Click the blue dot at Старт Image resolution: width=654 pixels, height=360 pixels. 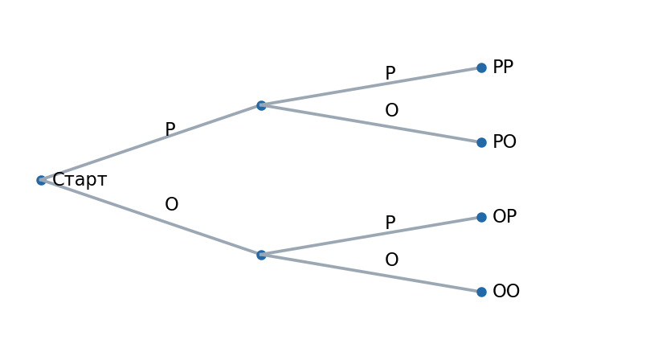(41, 180)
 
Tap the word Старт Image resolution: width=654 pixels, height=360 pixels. (80, 180)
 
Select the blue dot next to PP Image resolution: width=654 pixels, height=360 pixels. (481, 68)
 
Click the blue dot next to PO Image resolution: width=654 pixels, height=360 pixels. (481, 143)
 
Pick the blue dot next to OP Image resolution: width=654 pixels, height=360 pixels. (481, 217)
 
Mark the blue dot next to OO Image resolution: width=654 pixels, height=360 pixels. (481, 292)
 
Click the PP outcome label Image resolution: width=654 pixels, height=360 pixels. (503, 67)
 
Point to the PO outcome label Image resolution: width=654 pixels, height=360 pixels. (505, 142)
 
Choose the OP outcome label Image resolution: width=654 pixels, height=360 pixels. (505, 216)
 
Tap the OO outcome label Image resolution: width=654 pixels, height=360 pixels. (506, 291)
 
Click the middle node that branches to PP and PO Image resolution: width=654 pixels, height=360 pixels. (261, 105)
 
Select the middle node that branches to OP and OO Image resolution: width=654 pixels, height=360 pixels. (261, 255)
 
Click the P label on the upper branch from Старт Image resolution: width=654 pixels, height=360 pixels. (170, 129)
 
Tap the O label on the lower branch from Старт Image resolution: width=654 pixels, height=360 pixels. (171, 204)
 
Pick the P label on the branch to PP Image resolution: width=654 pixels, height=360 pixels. (390, 73)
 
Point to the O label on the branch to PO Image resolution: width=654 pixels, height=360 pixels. (391, 110)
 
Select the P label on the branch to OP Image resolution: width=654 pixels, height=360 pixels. (390, 223)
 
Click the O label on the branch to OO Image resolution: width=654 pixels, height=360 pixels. (391, 260)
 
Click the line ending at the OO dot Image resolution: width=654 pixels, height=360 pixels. (371, 273)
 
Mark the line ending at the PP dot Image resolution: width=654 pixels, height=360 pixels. (371, 87)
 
